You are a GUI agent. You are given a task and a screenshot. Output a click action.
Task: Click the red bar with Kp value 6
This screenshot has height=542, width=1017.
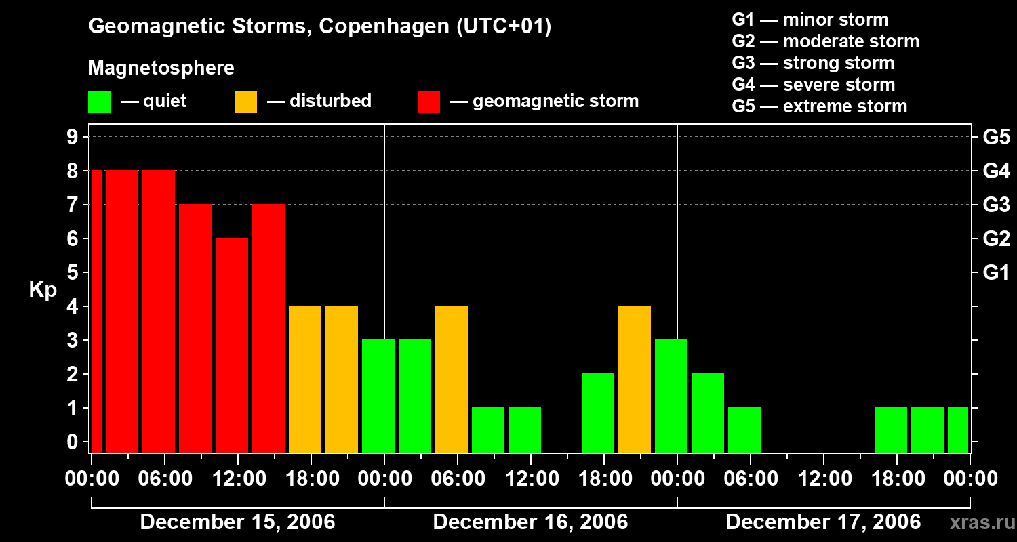(232, 345)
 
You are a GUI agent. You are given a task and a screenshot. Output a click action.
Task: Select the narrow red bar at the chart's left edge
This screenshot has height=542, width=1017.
(96, 311)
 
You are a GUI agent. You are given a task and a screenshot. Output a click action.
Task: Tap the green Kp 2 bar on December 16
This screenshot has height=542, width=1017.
(598, 413)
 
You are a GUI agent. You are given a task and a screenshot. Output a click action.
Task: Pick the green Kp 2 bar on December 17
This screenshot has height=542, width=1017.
(708, 413)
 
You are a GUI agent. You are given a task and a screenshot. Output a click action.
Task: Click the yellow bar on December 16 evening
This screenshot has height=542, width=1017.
(635, 379)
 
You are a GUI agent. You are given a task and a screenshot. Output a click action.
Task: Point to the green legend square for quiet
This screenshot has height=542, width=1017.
(99, 102)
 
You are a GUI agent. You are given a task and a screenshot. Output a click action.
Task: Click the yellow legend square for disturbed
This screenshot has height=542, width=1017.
(245, 102)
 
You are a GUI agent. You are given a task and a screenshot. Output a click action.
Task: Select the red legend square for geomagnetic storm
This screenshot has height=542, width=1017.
(428, 102)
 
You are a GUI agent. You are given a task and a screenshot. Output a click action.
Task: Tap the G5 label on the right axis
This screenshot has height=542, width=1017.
(996, 138)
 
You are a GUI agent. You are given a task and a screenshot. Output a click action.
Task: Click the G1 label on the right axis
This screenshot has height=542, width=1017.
(996, 273)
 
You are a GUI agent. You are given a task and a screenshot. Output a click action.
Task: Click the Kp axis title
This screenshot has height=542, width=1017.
(43, 290)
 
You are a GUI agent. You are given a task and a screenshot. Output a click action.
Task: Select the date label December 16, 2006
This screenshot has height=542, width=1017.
(530, 522)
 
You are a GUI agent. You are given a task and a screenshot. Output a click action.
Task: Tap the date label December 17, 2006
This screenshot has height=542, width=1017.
(823, 522)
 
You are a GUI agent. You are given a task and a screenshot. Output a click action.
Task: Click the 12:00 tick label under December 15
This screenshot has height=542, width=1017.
(237, 479)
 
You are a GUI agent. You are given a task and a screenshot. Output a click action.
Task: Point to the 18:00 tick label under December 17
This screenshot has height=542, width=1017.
(896, 479)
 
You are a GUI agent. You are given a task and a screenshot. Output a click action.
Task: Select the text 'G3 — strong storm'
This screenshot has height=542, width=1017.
(813, 63)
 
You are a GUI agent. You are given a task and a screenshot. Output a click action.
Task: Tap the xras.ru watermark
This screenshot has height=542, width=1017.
(978, 522)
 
